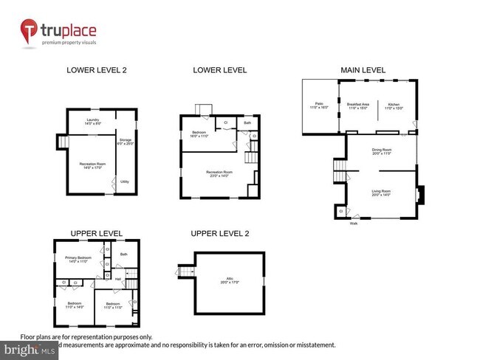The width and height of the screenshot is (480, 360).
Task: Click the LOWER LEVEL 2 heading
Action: point(96,70)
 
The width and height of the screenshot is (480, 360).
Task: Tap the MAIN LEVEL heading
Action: point(362,70)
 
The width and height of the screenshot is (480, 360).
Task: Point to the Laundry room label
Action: point(92,121)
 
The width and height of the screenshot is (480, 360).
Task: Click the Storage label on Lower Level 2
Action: point(126,142)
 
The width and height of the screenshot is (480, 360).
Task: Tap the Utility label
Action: point(125,181)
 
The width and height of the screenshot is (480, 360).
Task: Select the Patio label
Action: point(320,106)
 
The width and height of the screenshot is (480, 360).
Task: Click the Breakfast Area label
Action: point(357,106)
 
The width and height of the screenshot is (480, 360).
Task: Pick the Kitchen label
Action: point(395,106)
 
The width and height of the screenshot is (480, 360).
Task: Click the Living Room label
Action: point(382,192)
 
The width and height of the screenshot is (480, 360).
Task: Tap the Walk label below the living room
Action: point(353,223)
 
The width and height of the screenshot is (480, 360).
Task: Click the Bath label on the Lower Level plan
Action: point(247,122)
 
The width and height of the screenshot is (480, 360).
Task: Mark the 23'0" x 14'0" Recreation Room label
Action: point(216,174)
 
